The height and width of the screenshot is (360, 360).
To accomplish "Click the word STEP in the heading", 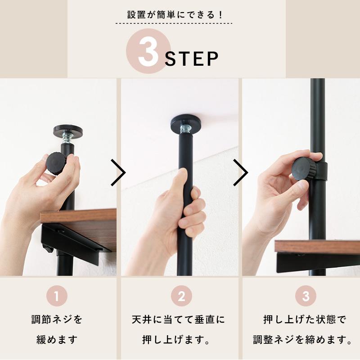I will pyautogui.click(x=192, y=59).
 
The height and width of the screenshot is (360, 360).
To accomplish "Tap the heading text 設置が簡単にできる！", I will pyautogui.click(x=180, y=14).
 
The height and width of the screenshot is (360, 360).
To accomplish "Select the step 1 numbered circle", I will pyautogui.click(x=57, y=297).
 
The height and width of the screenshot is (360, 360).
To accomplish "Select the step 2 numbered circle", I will pyautogui.click(x=181, y=297).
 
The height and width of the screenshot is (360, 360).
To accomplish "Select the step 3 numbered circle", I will pyautogui.click(x=306, y=297).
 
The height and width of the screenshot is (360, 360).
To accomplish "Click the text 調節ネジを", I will pyautogui.click(x=57, y=320).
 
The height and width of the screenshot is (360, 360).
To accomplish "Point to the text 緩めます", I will pyautogui.click(x=57, y=339).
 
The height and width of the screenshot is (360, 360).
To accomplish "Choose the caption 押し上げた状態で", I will pyautogui.click(x=305, y=320).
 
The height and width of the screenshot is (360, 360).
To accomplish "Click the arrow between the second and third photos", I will pyautogui.click(x=241, y=172).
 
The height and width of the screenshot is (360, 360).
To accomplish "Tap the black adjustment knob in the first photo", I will pyautogui.click(x=56, y=163).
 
